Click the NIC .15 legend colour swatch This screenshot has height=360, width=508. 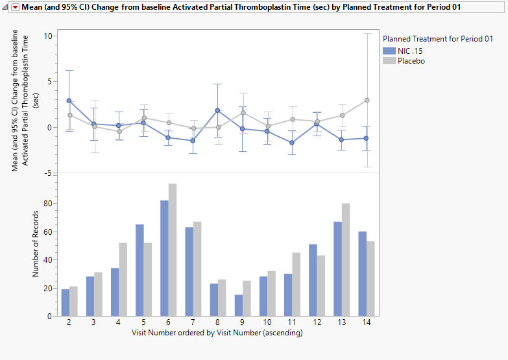(389, 51)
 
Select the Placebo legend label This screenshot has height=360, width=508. (411, 61)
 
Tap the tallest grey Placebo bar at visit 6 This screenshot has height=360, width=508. (173, 250)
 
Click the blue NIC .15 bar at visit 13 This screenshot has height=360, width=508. (338, 269)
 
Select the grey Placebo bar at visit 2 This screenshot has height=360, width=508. (73, 301)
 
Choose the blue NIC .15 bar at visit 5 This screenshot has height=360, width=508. (139, 270)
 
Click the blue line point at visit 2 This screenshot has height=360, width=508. (69, 101)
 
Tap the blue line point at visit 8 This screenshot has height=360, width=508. (218, 110)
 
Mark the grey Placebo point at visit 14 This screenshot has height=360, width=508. (367, 100)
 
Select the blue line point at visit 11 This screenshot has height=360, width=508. (293, 143)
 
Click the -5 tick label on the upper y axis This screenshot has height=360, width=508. (47, 173)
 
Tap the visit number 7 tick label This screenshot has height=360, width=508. (193, 323)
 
